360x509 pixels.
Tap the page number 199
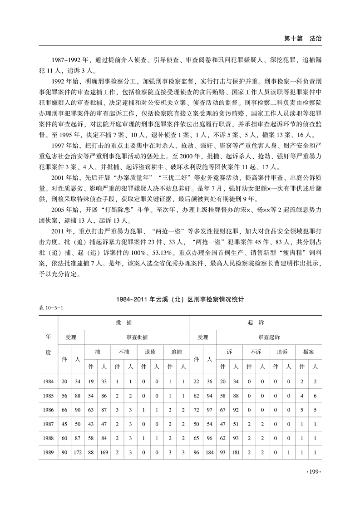point(314,473)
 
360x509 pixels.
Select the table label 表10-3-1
point(51,308)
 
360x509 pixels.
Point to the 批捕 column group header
point(123,321)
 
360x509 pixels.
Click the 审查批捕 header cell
point(137,337)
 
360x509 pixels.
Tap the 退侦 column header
point(150,352)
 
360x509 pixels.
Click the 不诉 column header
point(256,352)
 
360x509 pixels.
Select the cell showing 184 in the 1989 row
point(210,452)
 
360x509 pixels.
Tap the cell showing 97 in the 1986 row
point(210,410)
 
